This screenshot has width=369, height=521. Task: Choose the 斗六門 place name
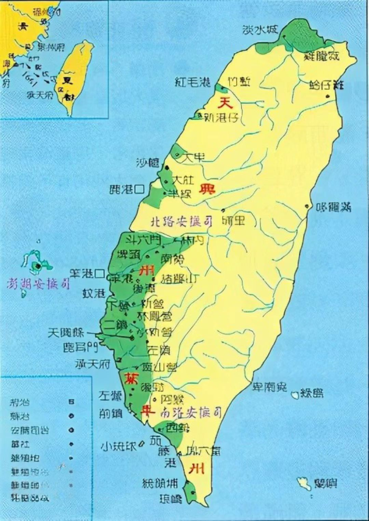[144, 240]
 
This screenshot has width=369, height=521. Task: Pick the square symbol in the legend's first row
[72, 402]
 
